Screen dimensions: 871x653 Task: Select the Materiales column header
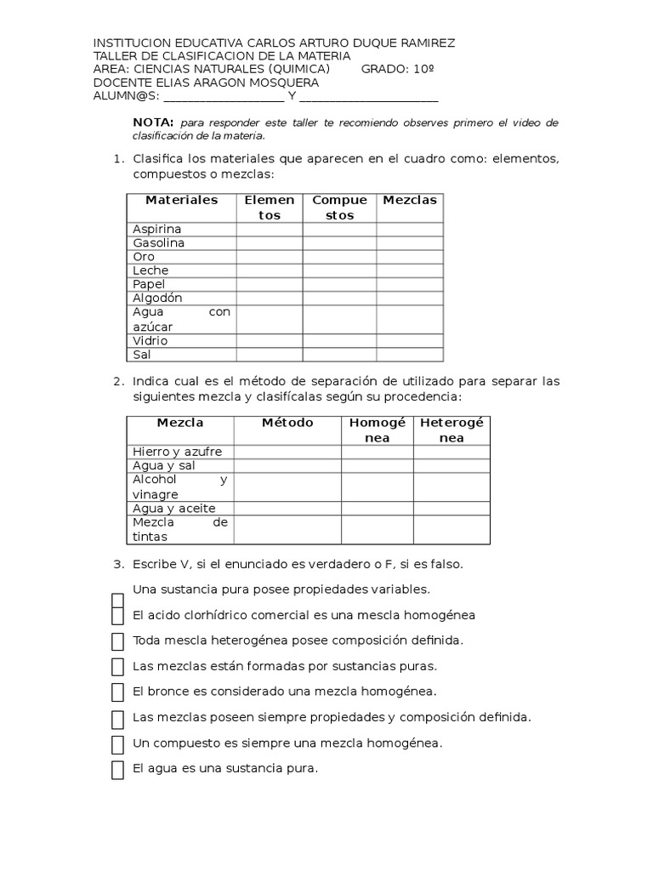(181, 201)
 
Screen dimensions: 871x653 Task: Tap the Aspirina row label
(157, 230)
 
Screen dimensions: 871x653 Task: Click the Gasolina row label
(159, 243)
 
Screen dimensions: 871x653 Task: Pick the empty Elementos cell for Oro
(269, 257)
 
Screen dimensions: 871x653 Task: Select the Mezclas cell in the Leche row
(410, 270)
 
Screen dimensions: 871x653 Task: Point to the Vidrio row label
(150, 341)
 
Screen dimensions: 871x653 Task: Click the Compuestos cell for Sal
(339, 355)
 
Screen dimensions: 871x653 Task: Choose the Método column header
(287, 423)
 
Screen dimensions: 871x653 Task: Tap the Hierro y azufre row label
(177, 452)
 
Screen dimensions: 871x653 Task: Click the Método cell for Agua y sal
(287, 466)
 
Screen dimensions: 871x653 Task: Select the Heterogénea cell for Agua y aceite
(451, 509)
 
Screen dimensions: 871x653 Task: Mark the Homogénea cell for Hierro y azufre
(378, 452)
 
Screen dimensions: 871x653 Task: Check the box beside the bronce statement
(118, 692)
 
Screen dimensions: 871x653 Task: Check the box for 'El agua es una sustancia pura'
(118, 770)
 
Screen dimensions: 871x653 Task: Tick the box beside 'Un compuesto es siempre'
(118, 744)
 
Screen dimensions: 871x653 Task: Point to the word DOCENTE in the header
(120, 83)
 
